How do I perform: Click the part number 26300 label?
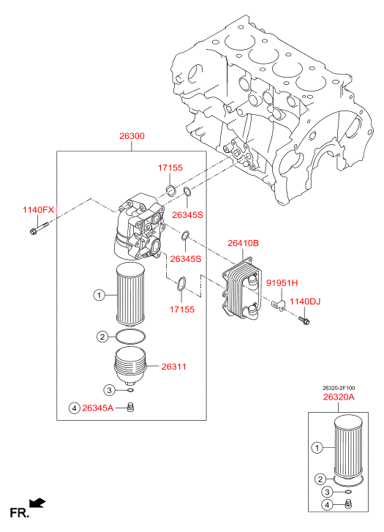pyautogui.click(x=132, y=136)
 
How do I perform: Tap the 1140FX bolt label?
pyautogui.click(x=38, y=210)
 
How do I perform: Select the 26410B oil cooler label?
pyautogui.click(x=244, y=243)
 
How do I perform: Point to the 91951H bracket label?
pyautogui.click(x=282, y=282)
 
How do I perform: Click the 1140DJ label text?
pyautogui.click(x=304, y=301)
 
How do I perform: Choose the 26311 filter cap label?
pyautogui.click(x=173, y=367)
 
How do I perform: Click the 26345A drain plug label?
pyautogui.click(x=98, y=408)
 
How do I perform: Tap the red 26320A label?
pyautogui.click(x=339, y=397)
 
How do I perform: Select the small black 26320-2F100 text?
pyautogui.click(x=339, y=388)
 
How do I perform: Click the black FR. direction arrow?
pyautogui.click(x=37, y=503)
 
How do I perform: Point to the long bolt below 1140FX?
pyautogui.click(x=39, y=228)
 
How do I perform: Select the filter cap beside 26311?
pyautogui.click(x=131, y=366)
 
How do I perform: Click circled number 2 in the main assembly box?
pyautogui.click(x=102, y=337)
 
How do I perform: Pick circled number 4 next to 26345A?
pyautogui.click(x=75, y=408)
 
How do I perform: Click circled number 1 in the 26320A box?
pyautogui.click(x=317, y=448)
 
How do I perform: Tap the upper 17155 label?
pyautogui.click(x=170, y=168)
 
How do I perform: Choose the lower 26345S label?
pyautogui.click(x=186, y=259)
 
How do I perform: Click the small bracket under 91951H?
pyautogui.click(x=279, y=304)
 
